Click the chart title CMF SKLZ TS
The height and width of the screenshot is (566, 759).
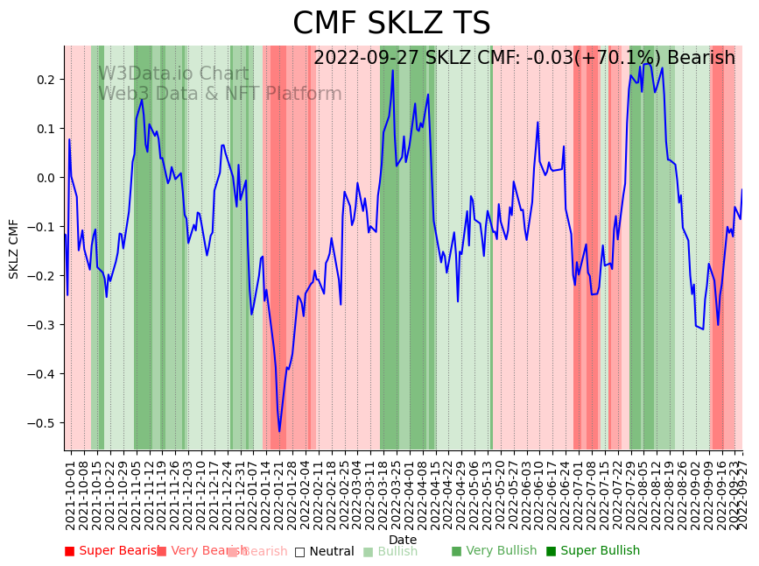tap(391, 24)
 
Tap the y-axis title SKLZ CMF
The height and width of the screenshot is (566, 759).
tap(14, 249)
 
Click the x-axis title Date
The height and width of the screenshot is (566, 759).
tap(403, 540)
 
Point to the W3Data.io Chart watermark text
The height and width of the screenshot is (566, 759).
tap(173, 74)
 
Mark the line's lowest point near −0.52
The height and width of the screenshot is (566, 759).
tap(279, 431)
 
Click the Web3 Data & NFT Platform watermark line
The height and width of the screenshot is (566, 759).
tap(220, 94)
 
